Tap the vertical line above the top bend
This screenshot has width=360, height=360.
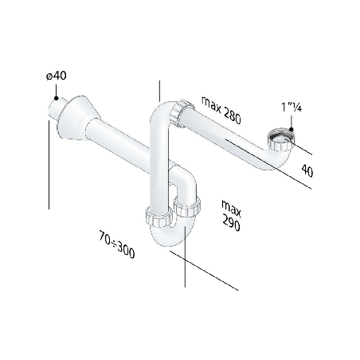(x=162, y=91)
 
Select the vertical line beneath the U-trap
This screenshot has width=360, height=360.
(x=185, y=267)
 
